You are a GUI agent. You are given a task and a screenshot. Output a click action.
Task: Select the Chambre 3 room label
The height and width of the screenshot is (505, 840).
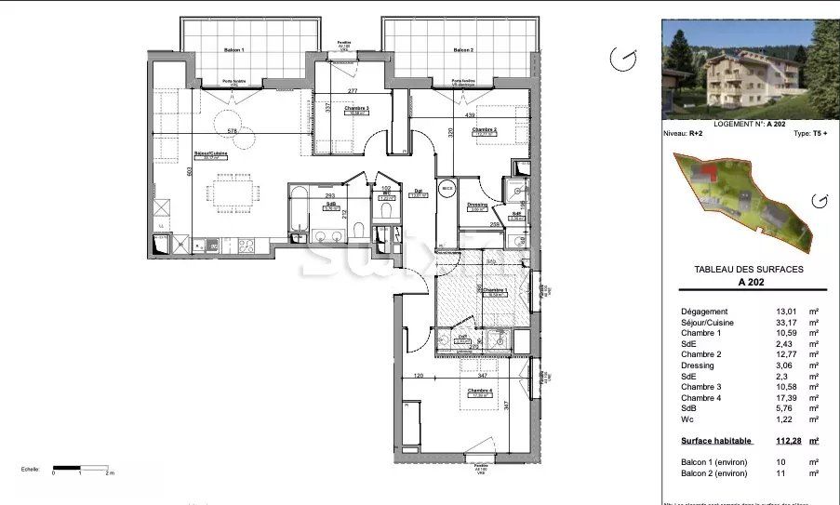356,110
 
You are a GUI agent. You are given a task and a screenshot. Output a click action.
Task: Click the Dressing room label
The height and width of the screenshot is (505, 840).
478,205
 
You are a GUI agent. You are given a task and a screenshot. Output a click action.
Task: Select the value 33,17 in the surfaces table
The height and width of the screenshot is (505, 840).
760,323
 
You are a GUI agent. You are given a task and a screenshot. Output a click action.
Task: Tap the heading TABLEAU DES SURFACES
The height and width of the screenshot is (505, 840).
749,269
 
